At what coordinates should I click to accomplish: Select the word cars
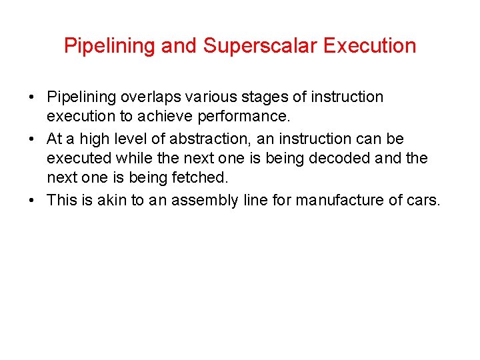coord(425,200)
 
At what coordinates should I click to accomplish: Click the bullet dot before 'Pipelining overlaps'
coord(32,98)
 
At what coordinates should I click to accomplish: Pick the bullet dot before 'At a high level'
coord(32,139)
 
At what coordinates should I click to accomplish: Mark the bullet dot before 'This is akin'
coord(32,201)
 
